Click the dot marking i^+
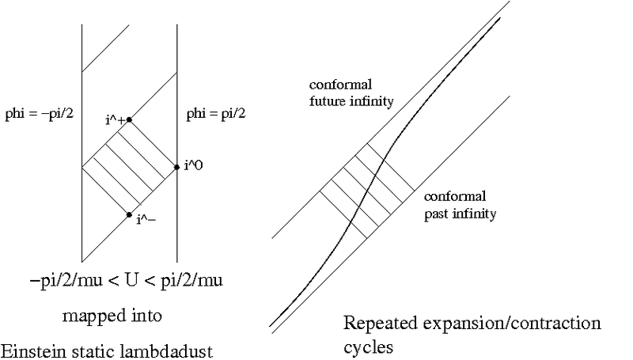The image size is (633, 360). pyautogui.click(x=129, y=119)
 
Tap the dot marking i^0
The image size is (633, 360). pyautogui.click(x=176, y=167)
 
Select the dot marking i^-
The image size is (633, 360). pyautogui.click(x=129, y=214)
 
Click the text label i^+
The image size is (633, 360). pyautogui.click(x=114, y=120)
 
